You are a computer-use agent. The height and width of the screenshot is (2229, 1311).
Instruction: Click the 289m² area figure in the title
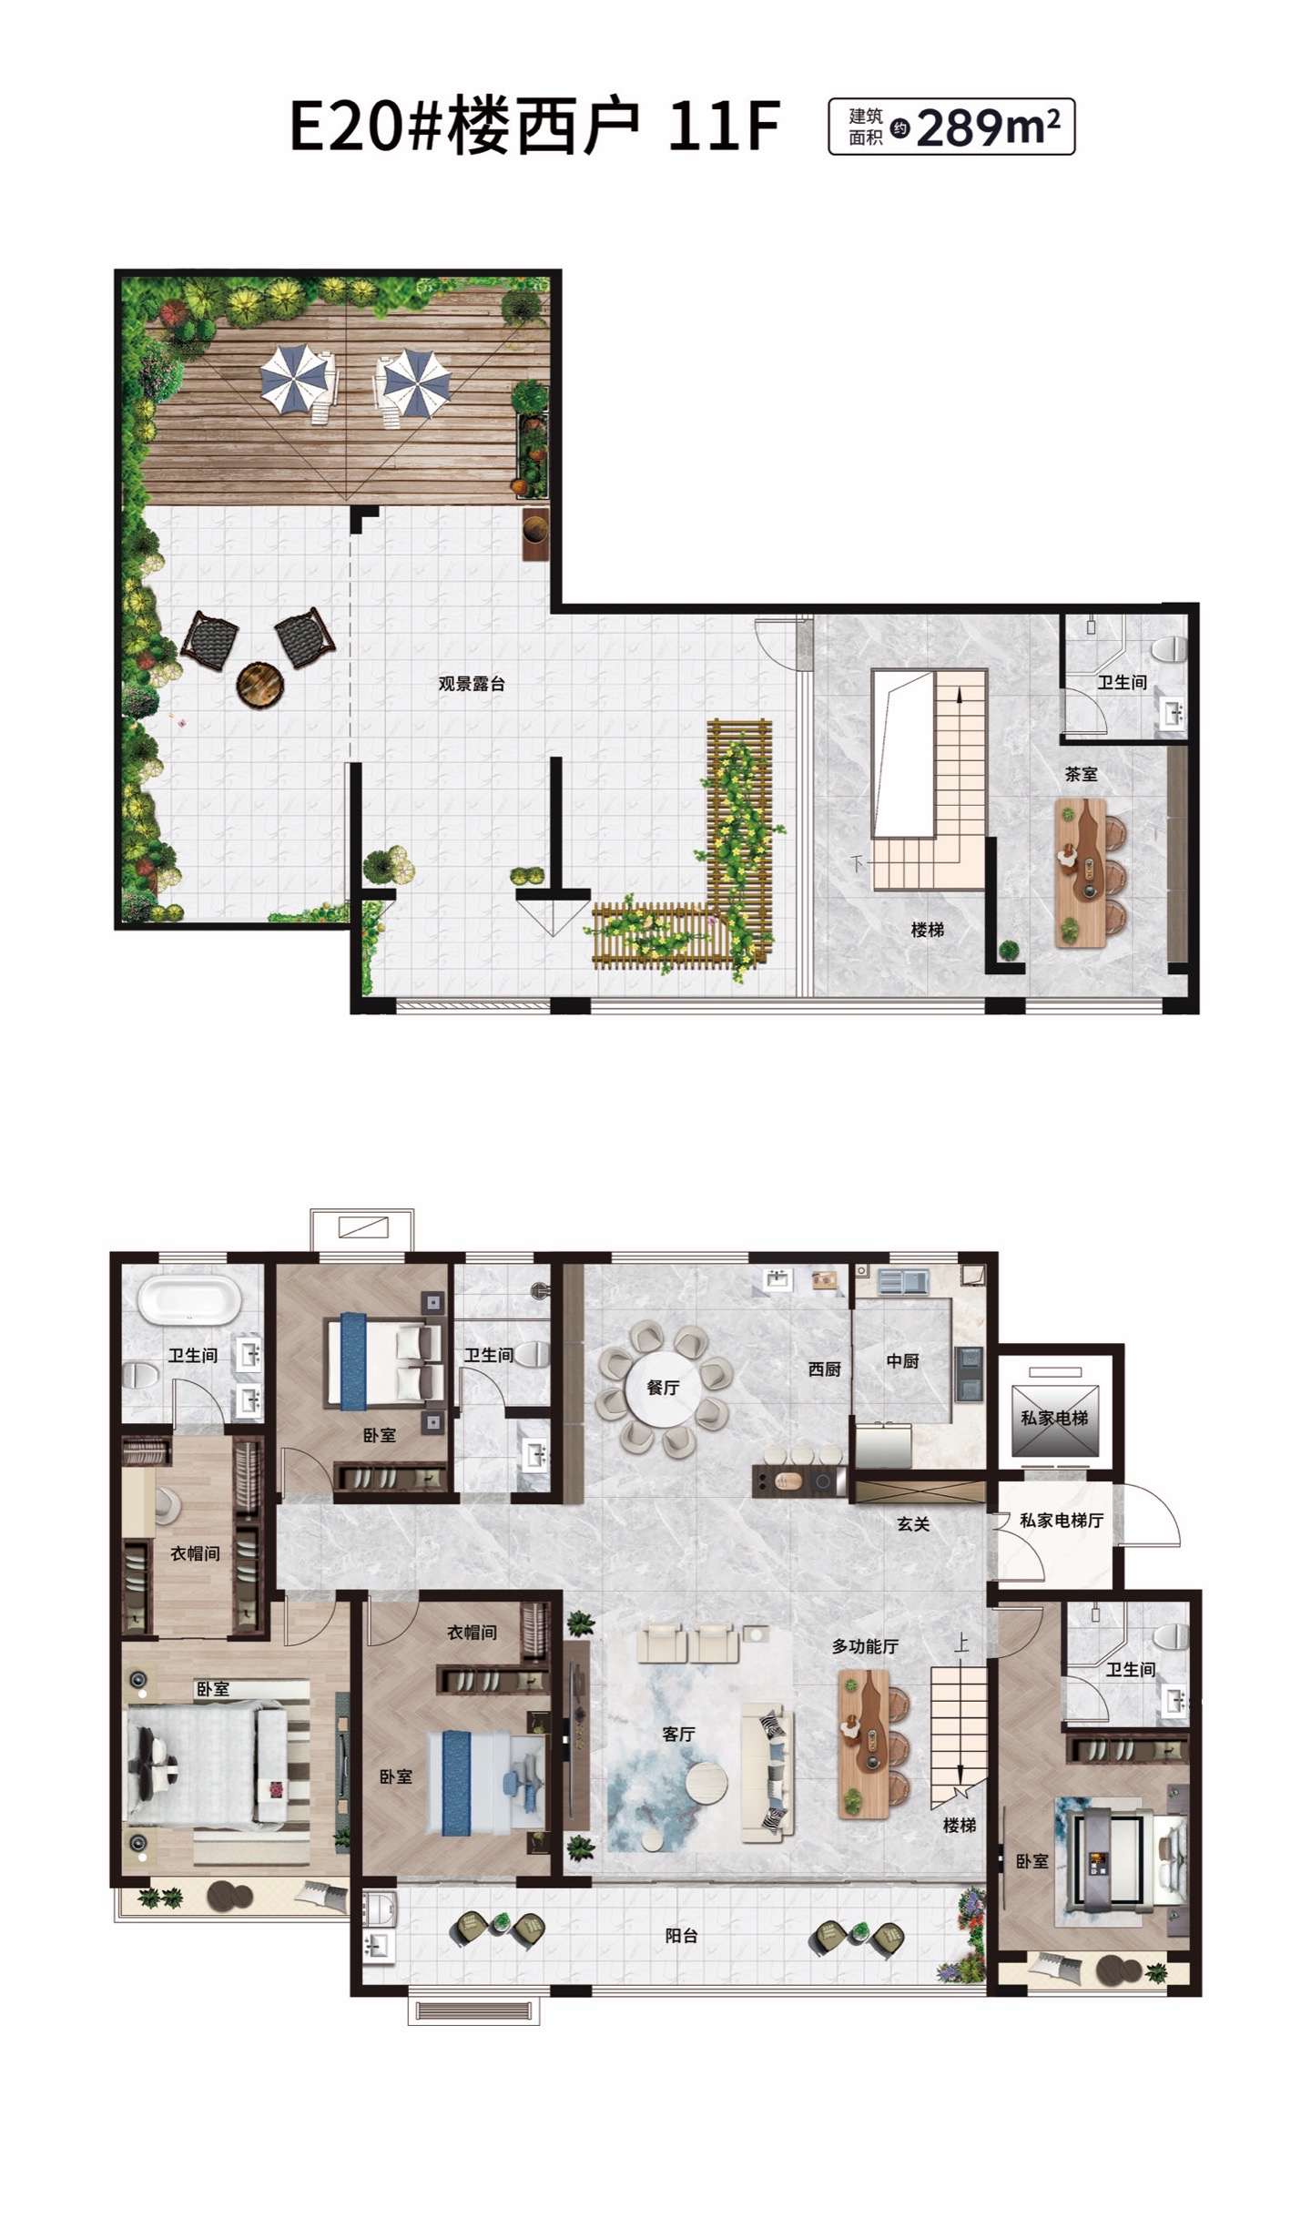988,127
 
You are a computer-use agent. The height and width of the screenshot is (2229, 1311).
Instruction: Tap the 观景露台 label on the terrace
472,684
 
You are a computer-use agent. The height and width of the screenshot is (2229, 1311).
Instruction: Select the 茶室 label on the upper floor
1081,774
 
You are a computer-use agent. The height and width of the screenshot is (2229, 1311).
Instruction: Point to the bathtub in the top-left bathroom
189,1298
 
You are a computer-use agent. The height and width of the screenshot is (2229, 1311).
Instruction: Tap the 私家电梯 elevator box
1055,1418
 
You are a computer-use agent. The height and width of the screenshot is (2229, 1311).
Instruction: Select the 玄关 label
913,1524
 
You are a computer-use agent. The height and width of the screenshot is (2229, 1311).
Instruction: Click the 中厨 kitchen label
902,1360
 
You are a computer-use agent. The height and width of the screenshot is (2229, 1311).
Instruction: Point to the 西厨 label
824,1369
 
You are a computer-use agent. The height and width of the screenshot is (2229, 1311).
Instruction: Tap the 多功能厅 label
865,1646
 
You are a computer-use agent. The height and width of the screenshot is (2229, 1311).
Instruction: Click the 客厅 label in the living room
678,1734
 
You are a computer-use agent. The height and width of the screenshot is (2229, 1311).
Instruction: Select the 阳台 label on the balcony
681,1936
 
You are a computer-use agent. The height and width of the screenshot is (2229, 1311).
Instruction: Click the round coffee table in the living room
706,1784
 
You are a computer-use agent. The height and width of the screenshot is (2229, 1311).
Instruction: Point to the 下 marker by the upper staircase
857,863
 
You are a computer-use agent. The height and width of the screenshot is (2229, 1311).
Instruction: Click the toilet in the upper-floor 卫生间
1170,648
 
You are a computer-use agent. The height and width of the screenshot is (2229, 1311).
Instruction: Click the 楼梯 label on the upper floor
927,930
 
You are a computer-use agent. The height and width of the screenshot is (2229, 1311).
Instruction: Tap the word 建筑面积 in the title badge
866,127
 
